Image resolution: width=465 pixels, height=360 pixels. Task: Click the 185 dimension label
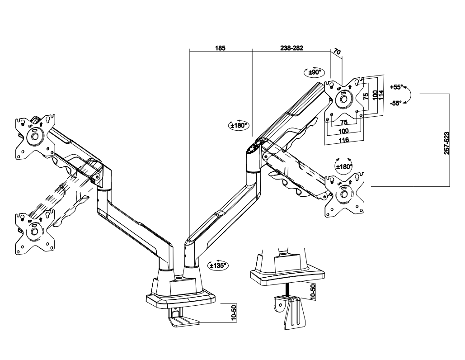(x=220, y=48)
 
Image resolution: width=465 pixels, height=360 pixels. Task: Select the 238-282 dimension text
(x=291, y=48)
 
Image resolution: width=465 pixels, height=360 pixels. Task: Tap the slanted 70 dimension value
(x=337, y=52)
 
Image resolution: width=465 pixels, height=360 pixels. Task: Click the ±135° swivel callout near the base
(x=218, y=265)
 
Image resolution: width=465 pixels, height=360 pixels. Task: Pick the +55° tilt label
(x=396, y=87)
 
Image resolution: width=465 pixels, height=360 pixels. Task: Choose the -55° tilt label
(x=396, y=103)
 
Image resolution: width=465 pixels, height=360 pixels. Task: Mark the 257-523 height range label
(x=447, y=143)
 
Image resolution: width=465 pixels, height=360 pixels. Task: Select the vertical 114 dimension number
(x=381, y=95)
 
